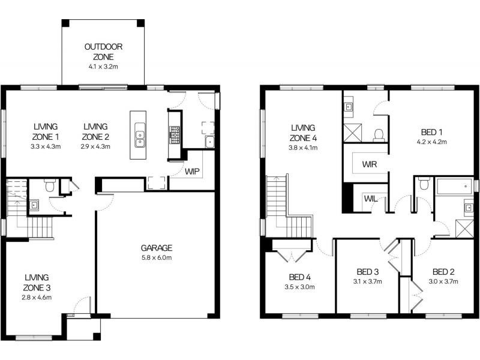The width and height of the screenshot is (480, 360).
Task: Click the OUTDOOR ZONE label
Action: click(x=103, y=52)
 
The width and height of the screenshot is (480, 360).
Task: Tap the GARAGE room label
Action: click(x=157, y=248)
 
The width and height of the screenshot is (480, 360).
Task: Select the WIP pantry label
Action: click(x=192, y=172)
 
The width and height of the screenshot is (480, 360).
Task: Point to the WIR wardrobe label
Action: click(x=369, y=164)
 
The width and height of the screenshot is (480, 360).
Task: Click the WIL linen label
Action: click(x=369, y=199)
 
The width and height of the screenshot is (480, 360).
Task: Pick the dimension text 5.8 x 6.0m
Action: click(x=157, y=258)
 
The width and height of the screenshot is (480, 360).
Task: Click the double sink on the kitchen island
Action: click(x=139, y=139)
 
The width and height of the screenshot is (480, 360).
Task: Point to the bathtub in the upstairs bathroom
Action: click(x=454, y=187)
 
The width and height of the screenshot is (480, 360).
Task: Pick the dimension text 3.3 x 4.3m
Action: click(x=46, y=146)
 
